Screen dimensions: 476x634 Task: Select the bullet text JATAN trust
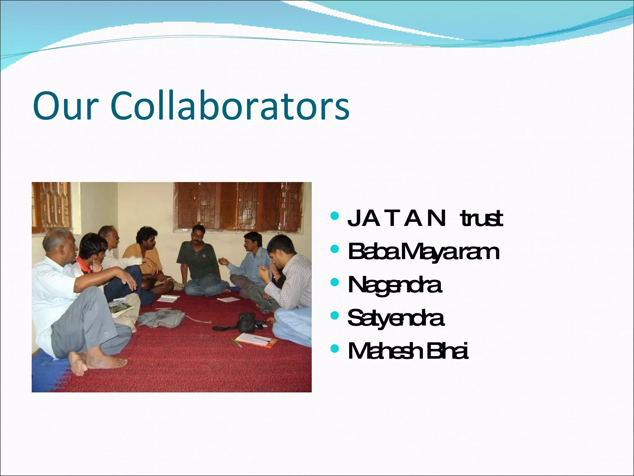click(x=425, y=218)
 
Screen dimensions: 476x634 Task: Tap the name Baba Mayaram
click(x=423, y=252)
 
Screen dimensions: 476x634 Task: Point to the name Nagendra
click(x=394, y=285)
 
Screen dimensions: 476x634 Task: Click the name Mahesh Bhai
click(x=408, y=351)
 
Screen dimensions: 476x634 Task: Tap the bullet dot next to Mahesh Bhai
click(x=335, y=349)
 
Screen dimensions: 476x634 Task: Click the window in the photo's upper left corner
click(x=51, y=206)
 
